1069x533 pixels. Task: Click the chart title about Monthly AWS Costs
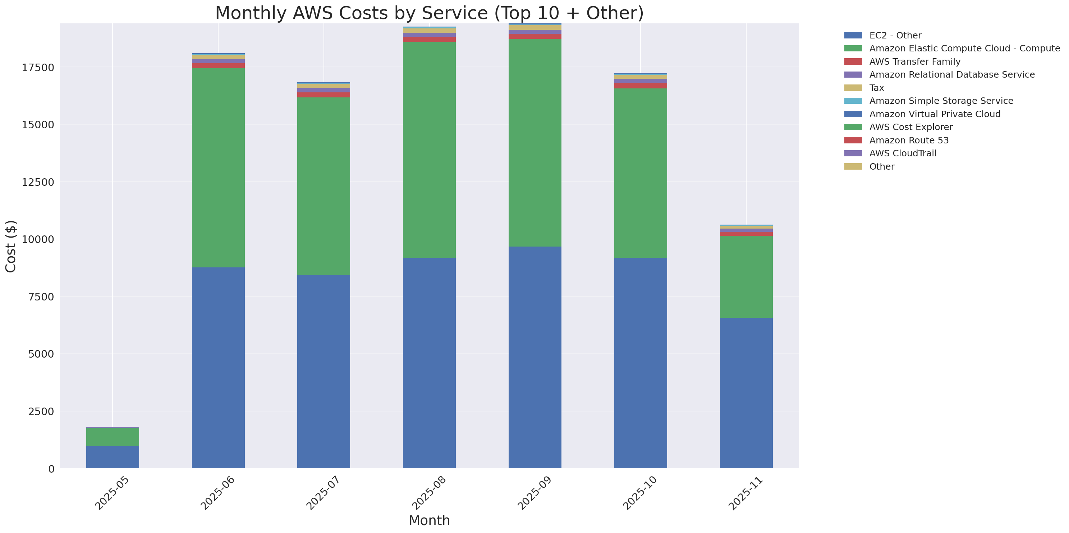[x=429, y=13]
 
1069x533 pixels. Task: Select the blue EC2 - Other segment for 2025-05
[x=113, y=457]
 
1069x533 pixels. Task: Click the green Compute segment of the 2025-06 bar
[x=218, y=167]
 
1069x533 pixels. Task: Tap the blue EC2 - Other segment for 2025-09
[x=535, y=357]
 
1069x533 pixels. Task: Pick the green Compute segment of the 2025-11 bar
[x=746, y=277]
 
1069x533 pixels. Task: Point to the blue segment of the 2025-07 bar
[x=324, y=372]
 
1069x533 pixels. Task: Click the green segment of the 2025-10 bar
[x=640, y=173]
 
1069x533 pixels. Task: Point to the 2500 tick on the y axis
[x=41, y=412]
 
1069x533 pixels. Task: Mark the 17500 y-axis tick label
[x=38, y=68]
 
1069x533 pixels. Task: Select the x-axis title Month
[x=429, y=520]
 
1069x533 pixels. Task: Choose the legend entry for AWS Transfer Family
[x=915, y=62]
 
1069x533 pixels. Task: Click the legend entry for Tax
[x=876, y=88]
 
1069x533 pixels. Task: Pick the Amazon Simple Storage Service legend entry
[x=941, y=101]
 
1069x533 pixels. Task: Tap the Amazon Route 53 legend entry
[x=909, y=140]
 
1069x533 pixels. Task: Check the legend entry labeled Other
[x=881, y=166]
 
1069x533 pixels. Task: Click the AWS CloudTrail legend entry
[x=903, y=153]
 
